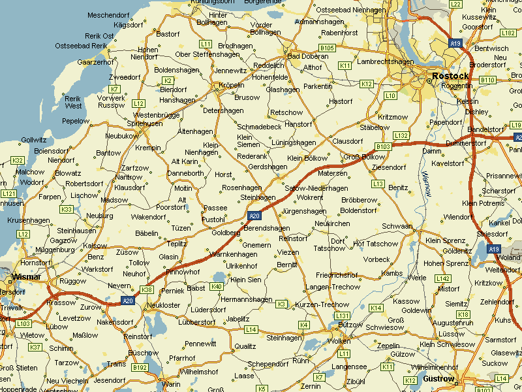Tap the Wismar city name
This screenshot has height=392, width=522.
[x=26, y=277]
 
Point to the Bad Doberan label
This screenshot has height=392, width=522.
[x=308, y=56]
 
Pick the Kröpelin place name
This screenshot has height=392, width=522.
[x=230, y=85]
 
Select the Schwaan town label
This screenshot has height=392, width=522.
[x=397, y=226]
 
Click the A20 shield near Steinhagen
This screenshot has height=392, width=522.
[x=254, y=216]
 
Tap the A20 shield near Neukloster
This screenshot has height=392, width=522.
[x=128, y=301]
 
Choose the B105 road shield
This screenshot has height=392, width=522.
[x=327, y=48]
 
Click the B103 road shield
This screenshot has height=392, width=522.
[x=383, y=146]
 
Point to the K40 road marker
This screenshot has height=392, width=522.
[x=217, y=286]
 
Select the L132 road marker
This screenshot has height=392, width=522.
[x=401, y=135]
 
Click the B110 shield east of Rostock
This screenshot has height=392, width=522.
[x=487, y=80]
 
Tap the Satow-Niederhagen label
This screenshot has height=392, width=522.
[x=316, y=188]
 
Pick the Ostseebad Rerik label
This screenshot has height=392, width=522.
[x=81, y=46]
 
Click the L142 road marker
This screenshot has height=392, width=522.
[x=443, y=278]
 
